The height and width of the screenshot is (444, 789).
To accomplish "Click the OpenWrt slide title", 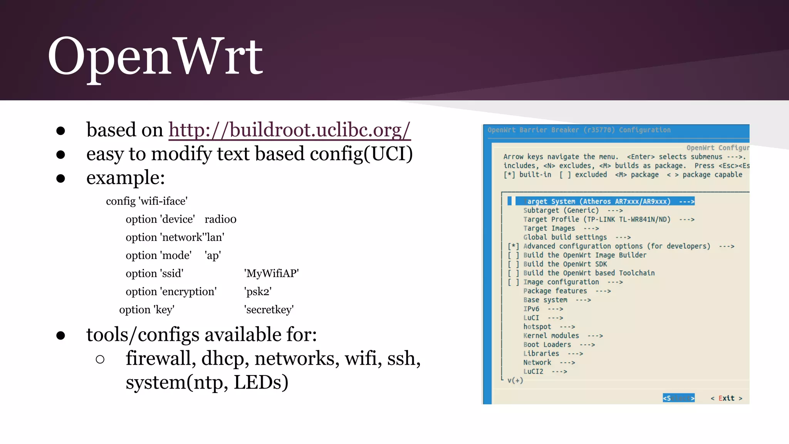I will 155,57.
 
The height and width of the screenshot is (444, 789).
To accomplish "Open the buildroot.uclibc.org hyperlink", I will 289,130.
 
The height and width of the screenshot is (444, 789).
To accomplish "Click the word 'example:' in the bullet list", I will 126,178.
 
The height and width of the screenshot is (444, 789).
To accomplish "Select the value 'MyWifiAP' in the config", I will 272,273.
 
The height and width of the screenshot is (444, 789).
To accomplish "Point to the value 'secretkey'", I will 269,309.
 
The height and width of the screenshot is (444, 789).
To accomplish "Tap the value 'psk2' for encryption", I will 258,291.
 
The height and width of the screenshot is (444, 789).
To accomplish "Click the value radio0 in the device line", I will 220,219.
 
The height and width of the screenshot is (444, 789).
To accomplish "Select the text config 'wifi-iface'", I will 147,201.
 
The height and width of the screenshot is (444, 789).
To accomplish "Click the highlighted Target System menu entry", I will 604,201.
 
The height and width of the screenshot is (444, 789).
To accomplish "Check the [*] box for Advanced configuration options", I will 513,246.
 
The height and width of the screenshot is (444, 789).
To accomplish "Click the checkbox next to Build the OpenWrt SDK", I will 513,264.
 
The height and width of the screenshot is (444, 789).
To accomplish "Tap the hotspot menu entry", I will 537,327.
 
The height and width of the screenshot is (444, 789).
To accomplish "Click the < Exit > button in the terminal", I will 726,398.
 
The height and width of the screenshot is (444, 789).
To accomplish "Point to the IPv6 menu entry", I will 531,309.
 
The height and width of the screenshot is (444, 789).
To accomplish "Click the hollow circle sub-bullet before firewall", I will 100,359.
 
